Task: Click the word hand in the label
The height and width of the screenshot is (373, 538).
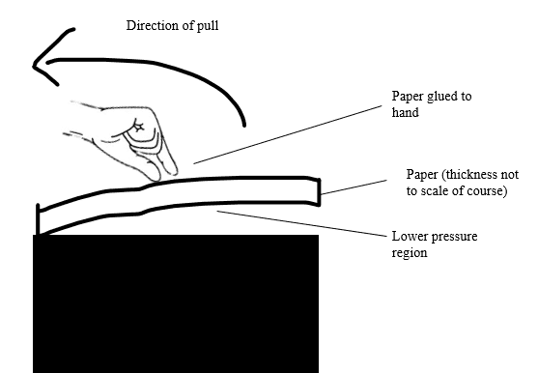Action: pyautogui.click(x=406, y=112)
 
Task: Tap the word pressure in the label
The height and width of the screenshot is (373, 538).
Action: pyautogui.click(x=454, y=237)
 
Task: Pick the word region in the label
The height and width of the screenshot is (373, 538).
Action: pyautogui.click(x=410, y=253)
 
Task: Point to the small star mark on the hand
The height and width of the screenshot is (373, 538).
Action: pyautogui.click(x=139, y=128)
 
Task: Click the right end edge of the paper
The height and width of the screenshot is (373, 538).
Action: pyautogui.click(x=319, y=192)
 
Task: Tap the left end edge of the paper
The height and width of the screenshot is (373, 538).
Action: pyautogui.click(x=38, y=219)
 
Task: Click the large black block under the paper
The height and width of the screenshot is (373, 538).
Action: pyautogui.click(x=176, y=303)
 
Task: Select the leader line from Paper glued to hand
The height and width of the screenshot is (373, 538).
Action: pyautogui.click(x=288, y=135)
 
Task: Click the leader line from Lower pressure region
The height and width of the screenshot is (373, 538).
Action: pyautogui.click(x=302, y=224)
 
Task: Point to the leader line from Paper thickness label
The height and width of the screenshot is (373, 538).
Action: pyautogui.click(x=354, y=187)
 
